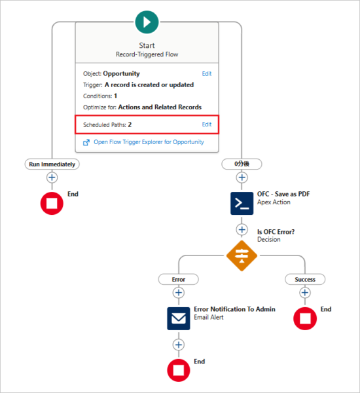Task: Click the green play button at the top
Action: [147, 22]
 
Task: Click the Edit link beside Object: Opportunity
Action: [207, 74]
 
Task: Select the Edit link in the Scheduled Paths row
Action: [207, 124]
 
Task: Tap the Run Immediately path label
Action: [52, 164]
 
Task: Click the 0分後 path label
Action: [242, 164]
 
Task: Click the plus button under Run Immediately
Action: [52, 178]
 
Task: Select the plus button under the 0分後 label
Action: [242, 178]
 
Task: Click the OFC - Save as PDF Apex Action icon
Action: [242, 203]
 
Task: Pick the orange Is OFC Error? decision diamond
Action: [242, 255]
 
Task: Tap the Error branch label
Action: [179, 279]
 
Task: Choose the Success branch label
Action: [305, 279]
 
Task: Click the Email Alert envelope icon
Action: [179, 318]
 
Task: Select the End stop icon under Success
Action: [305, 318]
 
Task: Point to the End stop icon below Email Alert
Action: [179, 370]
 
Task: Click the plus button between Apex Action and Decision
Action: [242, 229]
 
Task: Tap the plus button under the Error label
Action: [179, 293]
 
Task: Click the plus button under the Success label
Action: [305, 293]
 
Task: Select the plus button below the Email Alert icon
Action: [179, 345]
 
